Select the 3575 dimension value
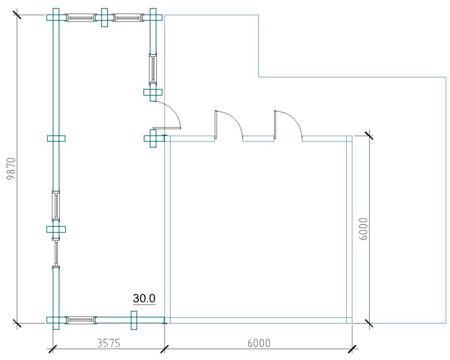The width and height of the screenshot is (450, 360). (108, 343)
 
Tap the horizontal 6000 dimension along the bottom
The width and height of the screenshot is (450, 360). (258, 343)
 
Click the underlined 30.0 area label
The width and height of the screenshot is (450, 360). (144, 299)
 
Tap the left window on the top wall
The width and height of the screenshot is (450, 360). (80, 18)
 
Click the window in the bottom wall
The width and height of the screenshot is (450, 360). (80, 320)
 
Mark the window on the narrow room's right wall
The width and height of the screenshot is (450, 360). (152, 68)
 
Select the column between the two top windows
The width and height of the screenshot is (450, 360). (104, 18)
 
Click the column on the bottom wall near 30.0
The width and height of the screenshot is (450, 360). (134, 320)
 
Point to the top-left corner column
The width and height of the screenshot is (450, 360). (55, 18)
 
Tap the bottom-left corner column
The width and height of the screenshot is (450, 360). (55, 320)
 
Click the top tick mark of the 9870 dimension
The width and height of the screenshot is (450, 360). (17, 15)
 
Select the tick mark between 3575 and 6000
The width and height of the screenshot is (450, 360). (164, 349)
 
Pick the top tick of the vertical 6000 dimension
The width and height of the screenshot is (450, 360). (369, 136)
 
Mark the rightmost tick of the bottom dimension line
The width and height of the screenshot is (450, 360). (352, 349)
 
